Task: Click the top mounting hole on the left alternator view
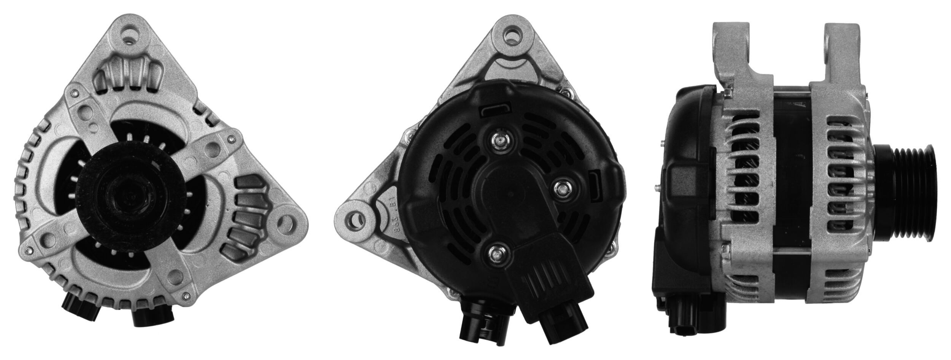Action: (132, 35)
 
